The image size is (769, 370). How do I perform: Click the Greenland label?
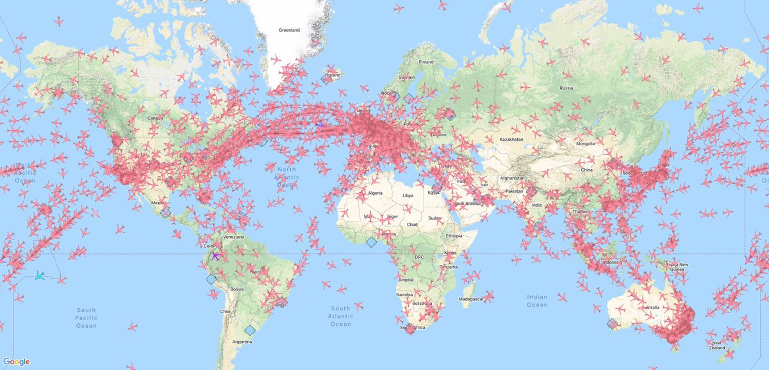(x=290, y=30)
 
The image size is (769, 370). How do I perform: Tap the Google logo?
(x=16, y=362)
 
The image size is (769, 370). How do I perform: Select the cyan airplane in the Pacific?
(x=40, y=275)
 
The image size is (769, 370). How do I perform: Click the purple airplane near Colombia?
(x=215, y=255)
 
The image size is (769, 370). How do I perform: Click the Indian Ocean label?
(x=537, y=300)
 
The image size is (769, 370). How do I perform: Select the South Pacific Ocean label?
(x=86, y=318)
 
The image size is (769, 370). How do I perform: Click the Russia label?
(x=566, y=88)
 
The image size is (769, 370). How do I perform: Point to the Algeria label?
(x=374, y=193)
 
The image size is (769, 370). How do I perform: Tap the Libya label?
(x=408, y=195)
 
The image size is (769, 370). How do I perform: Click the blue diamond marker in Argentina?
(x=249, y=330)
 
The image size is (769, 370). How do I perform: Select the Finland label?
(x=426, y=62)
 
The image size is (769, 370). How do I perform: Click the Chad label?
(x=413, y=224)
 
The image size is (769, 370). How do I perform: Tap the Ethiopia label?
(x=455, y=236)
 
